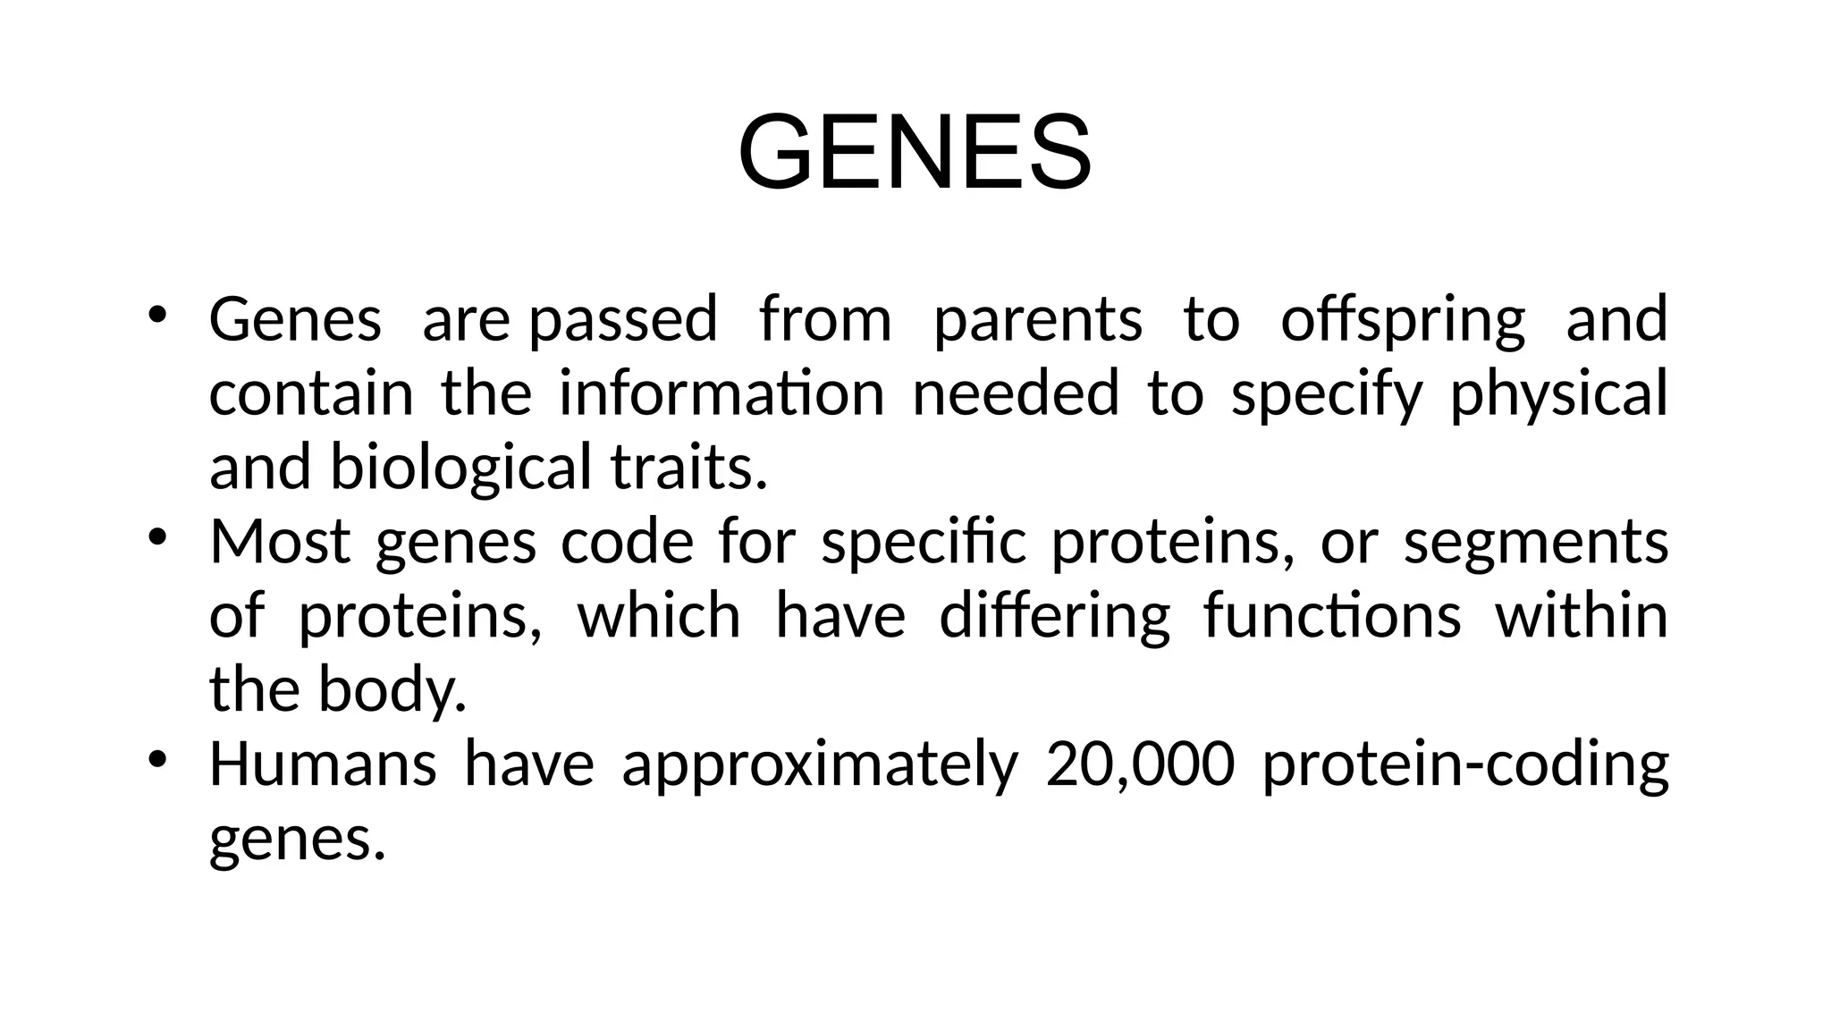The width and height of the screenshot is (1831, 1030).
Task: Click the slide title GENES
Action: click(914, 151)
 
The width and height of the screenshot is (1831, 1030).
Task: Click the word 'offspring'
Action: click(1402, 320)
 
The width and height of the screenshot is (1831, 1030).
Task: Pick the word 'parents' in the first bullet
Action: click(1037, 320)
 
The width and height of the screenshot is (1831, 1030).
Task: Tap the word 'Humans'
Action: click(322, 764)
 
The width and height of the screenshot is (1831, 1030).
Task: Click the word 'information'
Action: click(721, 393)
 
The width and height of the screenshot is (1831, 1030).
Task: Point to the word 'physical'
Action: click(1557, 395)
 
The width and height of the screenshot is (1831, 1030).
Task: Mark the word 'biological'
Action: click(460, 469)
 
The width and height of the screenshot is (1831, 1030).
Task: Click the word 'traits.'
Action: click(688, 469)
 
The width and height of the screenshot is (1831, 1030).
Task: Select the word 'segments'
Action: click(1535, 544)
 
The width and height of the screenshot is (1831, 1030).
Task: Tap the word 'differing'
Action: click(1054, 617)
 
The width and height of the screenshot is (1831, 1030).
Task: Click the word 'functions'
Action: click(1331, 617)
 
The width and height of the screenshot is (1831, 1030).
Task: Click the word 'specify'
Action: click(1326, 395)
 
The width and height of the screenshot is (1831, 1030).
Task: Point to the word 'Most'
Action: click(279, 542)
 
